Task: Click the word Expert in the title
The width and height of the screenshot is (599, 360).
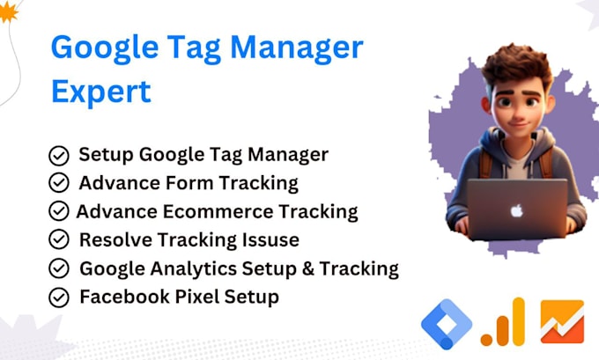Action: point(101,92)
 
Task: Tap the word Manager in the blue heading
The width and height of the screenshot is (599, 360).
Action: point(297,48)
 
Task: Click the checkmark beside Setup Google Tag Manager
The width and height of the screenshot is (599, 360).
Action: point(59,156)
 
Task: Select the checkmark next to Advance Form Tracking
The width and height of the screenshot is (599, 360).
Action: point(59,182)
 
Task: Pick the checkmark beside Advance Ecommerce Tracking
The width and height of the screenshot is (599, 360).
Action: point(59,211)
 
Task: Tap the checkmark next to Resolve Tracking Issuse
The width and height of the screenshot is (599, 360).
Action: point(59,239)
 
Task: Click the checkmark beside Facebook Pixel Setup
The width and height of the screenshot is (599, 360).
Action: point(59,298)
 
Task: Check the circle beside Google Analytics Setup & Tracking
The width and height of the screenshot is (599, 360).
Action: point(59,268)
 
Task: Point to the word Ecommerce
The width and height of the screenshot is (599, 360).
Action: point(218,212)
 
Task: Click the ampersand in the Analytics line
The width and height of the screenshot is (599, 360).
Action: point(308,268)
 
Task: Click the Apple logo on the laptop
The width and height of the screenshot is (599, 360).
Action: point(516,210)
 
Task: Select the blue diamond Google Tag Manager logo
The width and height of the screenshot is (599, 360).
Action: point(447,325)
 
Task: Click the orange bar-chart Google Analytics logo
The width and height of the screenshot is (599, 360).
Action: point(503,322)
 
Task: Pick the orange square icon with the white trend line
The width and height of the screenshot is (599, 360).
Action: point(562,322)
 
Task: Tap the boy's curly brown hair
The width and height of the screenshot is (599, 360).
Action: point(517,65)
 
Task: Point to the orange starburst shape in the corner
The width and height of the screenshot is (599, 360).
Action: point(8,11)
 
